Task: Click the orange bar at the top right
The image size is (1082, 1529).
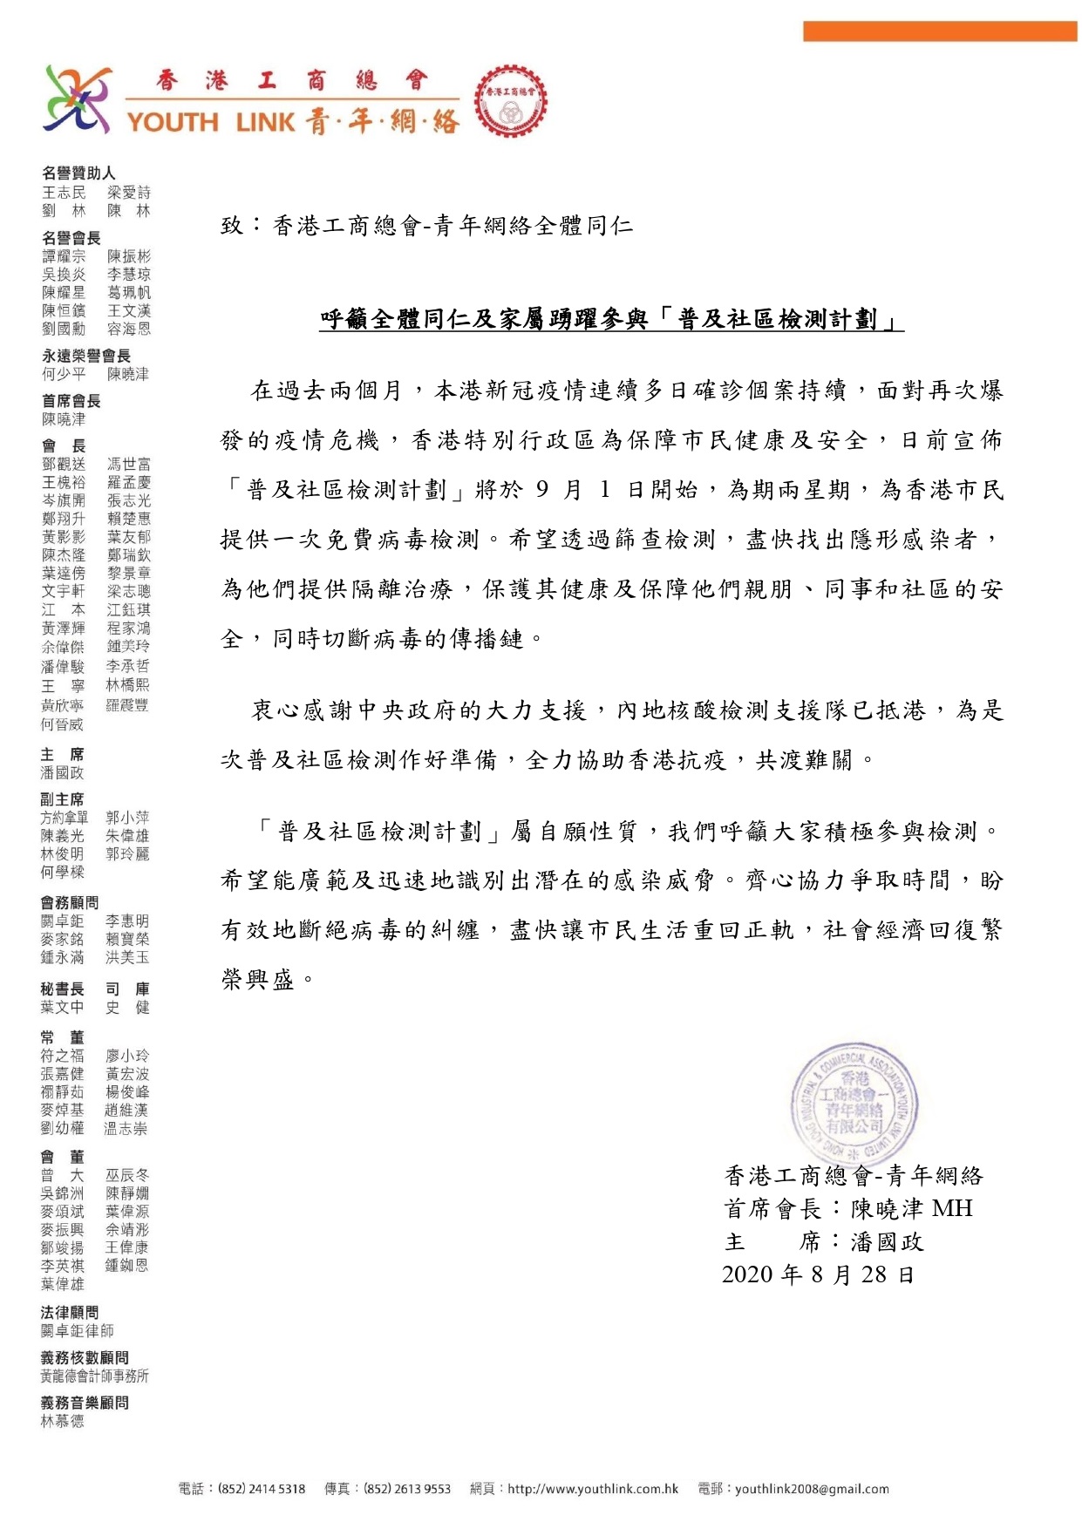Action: [939, 31]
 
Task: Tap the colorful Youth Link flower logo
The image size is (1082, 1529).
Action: [77, 99]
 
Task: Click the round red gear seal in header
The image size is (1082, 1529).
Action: [511, 101]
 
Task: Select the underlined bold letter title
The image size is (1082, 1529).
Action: [611, 320]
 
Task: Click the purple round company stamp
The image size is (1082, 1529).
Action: [854, 1103]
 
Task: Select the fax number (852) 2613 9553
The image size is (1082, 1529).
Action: [407, 1489]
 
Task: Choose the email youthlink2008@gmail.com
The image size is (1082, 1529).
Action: [812, 1489]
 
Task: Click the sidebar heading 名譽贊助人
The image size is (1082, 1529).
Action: [78, 173]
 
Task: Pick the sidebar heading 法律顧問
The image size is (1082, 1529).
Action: [70, 1312]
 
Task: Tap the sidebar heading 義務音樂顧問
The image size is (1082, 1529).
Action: [85, 1403]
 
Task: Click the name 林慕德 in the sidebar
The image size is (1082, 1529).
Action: [63, 1421]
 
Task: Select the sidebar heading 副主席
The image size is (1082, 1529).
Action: [62, 799]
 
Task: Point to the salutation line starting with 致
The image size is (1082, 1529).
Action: [426, 227]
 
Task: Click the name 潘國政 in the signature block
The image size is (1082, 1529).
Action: [888, 1242]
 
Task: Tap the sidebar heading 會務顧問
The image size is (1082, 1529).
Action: [70, 902]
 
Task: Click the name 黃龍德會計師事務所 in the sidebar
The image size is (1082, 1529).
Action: [94, 1376]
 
